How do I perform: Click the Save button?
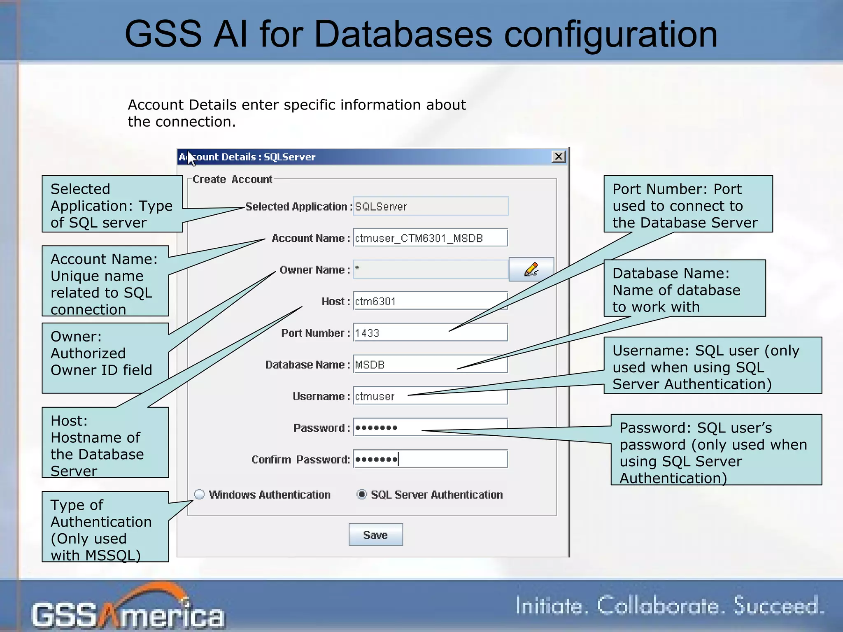click(375, 534)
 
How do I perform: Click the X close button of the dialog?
click(558, 157)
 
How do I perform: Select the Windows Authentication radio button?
click(200, 494)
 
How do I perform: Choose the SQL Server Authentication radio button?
click(362, 494)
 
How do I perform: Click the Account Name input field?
click(430, 238)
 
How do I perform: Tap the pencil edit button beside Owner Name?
click(531, 270)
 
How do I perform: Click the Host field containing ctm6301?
click(430, 301)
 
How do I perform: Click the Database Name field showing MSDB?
click(430, 364)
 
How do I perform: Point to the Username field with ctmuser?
click(430, 396)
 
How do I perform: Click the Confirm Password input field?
click(430, 459)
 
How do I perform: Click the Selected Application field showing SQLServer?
click(430, 206)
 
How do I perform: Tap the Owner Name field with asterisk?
click(430, 270)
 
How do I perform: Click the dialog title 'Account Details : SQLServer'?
click(247, 157)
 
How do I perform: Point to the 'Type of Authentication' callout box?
click(105, 527)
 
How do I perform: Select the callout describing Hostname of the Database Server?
click(105, 443)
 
